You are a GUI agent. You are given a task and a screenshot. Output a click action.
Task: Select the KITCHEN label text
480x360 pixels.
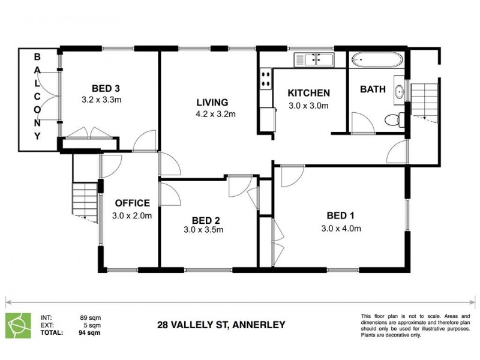308,93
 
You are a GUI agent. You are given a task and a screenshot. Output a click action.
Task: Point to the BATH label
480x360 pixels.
372,89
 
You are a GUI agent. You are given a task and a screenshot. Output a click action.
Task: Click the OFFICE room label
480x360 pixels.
132,203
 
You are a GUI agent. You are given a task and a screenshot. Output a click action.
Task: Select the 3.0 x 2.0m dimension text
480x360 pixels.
132,215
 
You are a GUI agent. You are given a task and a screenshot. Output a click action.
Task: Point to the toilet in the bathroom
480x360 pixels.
392,120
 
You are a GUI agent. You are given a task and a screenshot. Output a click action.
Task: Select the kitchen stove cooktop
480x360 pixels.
264,79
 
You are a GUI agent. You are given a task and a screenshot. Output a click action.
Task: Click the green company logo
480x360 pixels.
17,325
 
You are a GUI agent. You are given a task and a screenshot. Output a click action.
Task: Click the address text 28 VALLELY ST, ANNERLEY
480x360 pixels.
221,325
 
